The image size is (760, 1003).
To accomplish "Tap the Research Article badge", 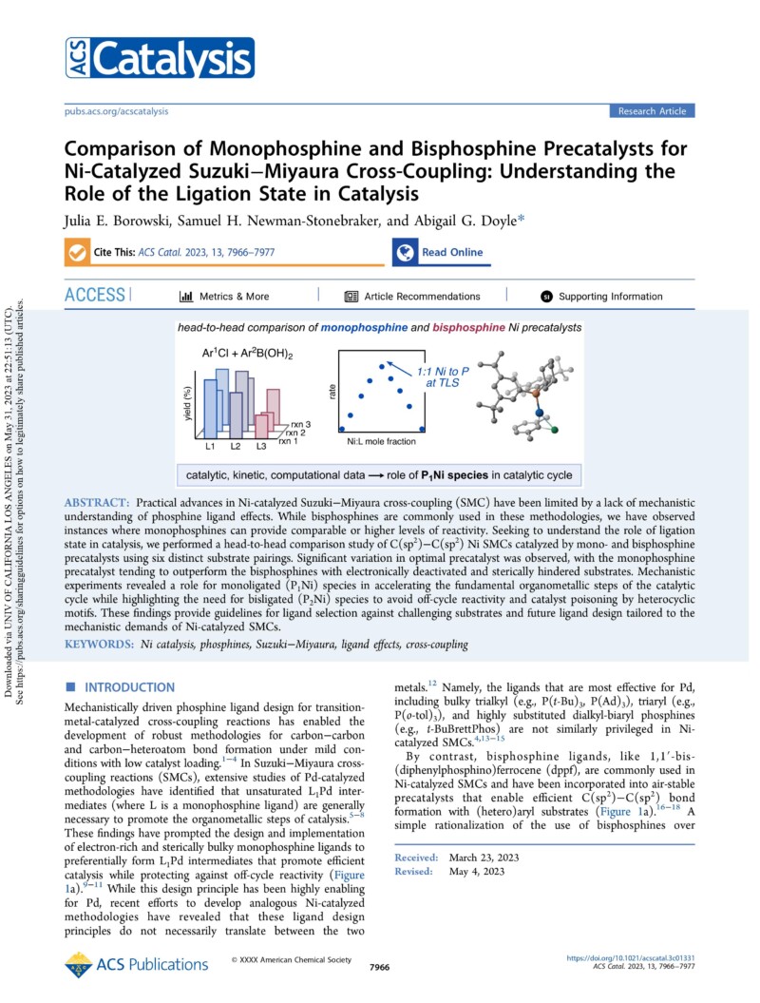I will [651, 111].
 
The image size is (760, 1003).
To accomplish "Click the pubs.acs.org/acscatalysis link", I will [117, 111].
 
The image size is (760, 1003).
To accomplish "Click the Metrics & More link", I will [224, 296].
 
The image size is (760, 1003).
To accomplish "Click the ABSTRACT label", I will [98, 500].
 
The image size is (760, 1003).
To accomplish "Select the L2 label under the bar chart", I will [236, 446].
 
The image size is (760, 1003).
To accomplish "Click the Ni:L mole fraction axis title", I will [380, 442].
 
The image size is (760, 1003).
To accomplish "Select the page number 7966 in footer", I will [379, 967].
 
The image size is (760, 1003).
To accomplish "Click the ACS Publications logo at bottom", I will [122, 965].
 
